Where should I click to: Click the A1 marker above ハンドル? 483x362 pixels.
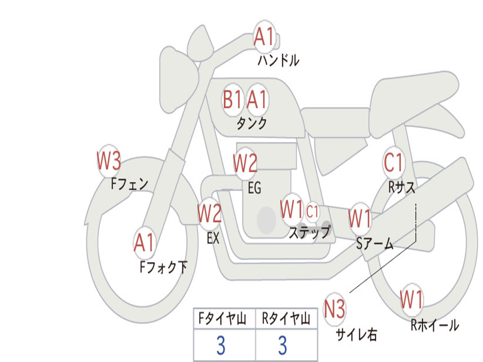[x=264, y=37]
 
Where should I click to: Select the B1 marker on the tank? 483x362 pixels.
[x=232, y=100]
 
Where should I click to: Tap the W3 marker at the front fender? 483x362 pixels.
[x=109, y=160]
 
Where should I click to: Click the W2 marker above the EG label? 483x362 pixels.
[x=245, y=163]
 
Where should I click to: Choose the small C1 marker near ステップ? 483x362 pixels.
[x=312, y=212]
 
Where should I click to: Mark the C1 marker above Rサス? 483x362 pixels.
[x=393, y=162]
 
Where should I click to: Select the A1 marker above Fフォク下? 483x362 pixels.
[x=144, y=243]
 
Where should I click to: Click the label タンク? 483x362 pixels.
[x=252, y=123]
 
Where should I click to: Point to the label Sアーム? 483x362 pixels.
[x=375, y=244]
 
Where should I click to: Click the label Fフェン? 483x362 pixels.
[x=129, y=184]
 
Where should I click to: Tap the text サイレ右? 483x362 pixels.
[x=357, y=334]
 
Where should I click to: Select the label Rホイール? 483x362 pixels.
[x=434, y=325]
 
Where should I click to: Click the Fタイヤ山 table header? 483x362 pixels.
[x=223, y=319]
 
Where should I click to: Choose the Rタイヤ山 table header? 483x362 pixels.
[x=286, y=319]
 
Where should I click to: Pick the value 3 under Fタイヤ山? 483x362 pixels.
[x=221, y=346]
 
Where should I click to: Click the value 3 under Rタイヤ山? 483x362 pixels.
[x=283, y=346]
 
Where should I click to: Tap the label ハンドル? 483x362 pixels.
[x=278, y=60]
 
